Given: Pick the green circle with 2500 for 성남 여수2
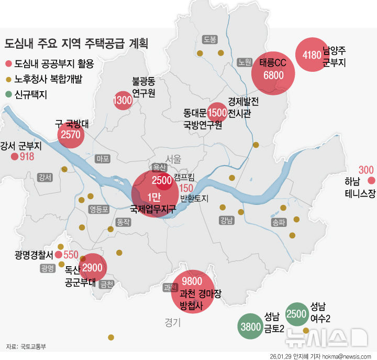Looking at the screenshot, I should coord(296,314).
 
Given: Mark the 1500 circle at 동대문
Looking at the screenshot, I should coord(217,112).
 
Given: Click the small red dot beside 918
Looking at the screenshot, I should coord(14,156).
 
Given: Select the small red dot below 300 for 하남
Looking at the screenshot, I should coord(371,181).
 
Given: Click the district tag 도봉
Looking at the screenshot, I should coord(210,39).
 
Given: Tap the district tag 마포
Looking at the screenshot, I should coord(103,158).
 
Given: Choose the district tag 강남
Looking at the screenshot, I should coord(226,220).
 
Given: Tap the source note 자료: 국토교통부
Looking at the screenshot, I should coord(26,346).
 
